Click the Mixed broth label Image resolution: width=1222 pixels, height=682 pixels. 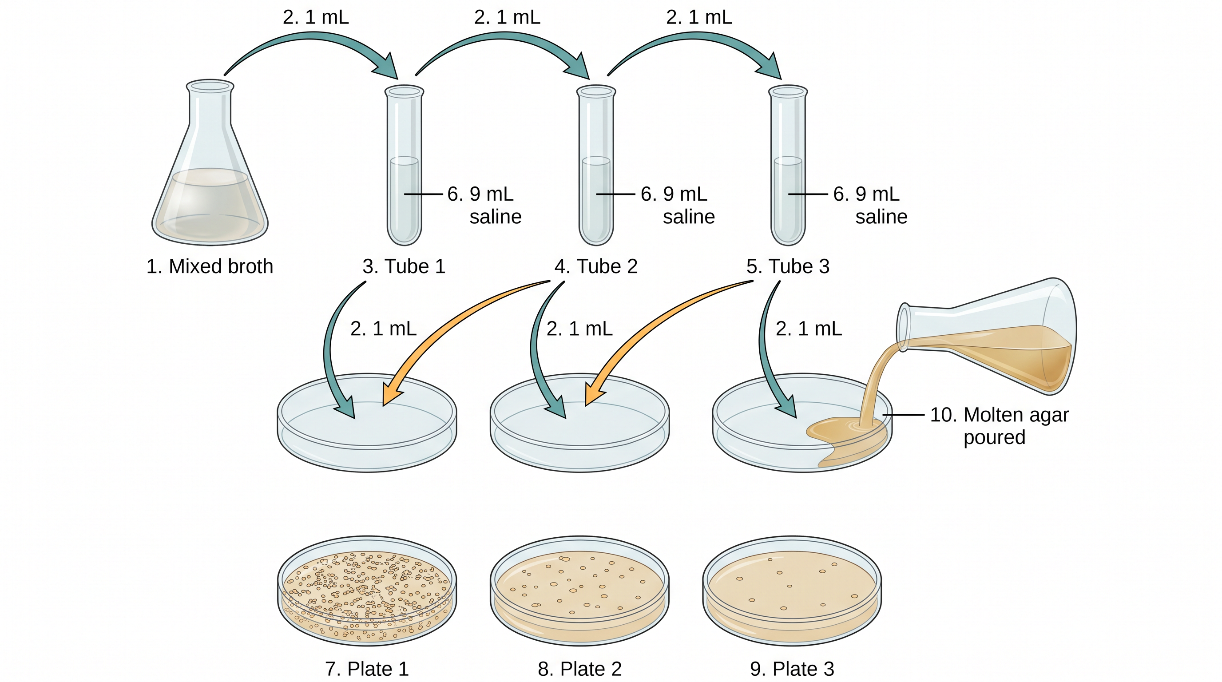tap(210, 266)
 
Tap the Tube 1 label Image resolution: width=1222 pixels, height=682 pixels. tap(404, 266)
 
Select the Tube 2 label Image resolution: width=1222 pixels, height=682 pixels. tap(596, 266)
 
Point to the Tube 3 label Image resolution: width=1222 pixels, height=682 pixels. tap(788, 266)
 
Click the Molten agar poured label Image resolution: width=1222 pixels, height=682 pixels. tap(999, 426)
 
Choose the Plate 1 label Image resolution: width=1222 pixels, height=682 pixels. tap(367, 669)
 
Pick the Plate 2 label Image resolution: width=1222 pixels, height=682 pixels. tap(579, 669)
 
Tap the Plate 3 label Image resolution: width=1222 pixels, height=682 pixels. tap(792, 669)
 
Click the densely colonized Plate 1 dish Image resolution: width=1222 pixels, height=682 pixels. tap(367, 591)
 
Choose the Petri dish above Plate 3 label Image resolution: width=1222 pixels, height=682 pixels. tap(792, 591)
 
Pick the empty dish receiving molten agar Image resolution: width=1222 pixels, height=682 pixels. tap(801, 423)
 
